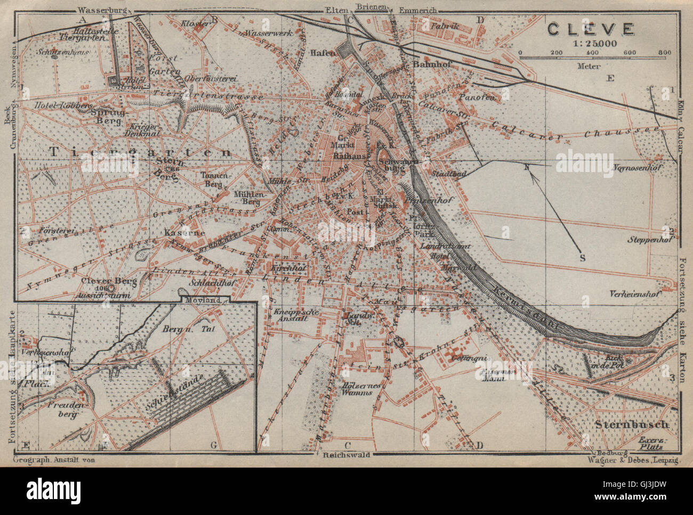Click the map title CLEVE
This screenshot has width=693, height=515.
[590, 29]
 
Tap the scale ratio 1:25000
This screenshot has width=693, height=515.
[590, 44]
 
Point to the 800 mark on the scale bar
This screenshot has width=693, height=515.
[664, 53]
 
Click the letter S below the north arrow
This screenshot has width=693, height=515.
[583, 258]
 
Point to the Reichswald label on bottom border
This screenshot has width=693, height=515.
[346, 456]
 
